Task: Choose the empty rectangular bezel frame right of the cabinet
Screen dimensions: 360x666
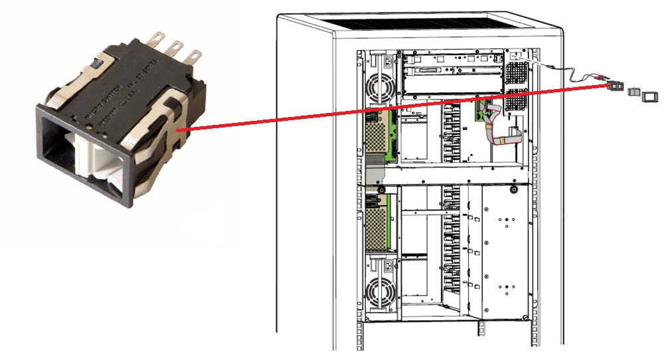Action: pyautogui.click(x=649, y=96)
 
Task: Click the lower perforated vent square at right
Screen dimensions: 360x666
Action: pyautogui.click(x=515, y=102)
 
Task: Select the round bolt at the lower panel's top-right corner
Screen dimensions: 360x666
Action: pyautogui.click(x=513, y=190)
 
